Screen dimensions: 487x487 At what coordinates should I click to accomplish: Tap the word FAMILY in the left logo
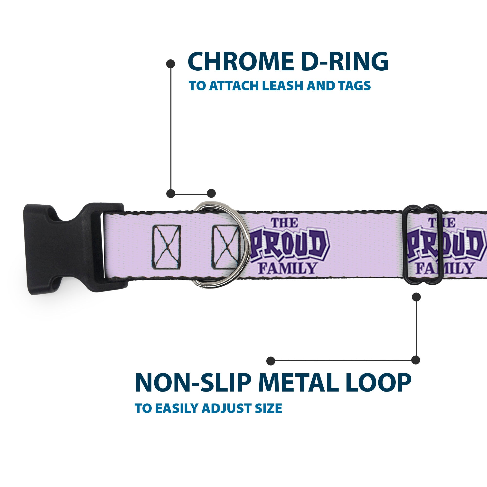point(287,268)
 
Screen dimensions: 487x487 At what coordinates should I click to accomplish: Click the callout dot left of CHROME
point(171,64)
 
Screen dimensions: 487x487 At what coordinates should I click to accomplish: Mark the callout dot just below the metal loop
point(416,297)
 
